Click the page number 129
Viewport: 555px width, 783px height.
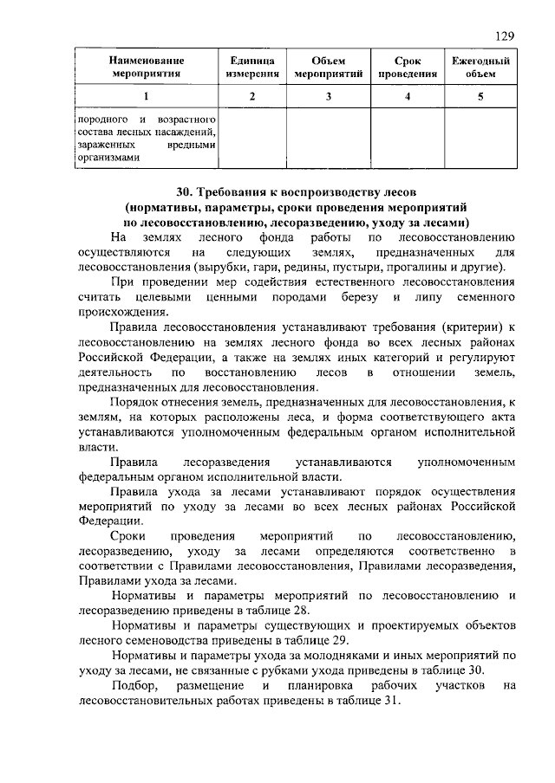506,36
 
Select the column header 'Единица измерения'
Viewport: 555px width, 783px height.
252,68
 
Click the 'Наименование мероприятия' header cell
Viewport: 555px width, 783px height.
147,68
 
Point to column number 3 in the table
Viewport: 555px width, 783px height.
329,96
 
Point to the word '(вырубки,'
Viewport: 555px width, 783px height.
221,267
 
